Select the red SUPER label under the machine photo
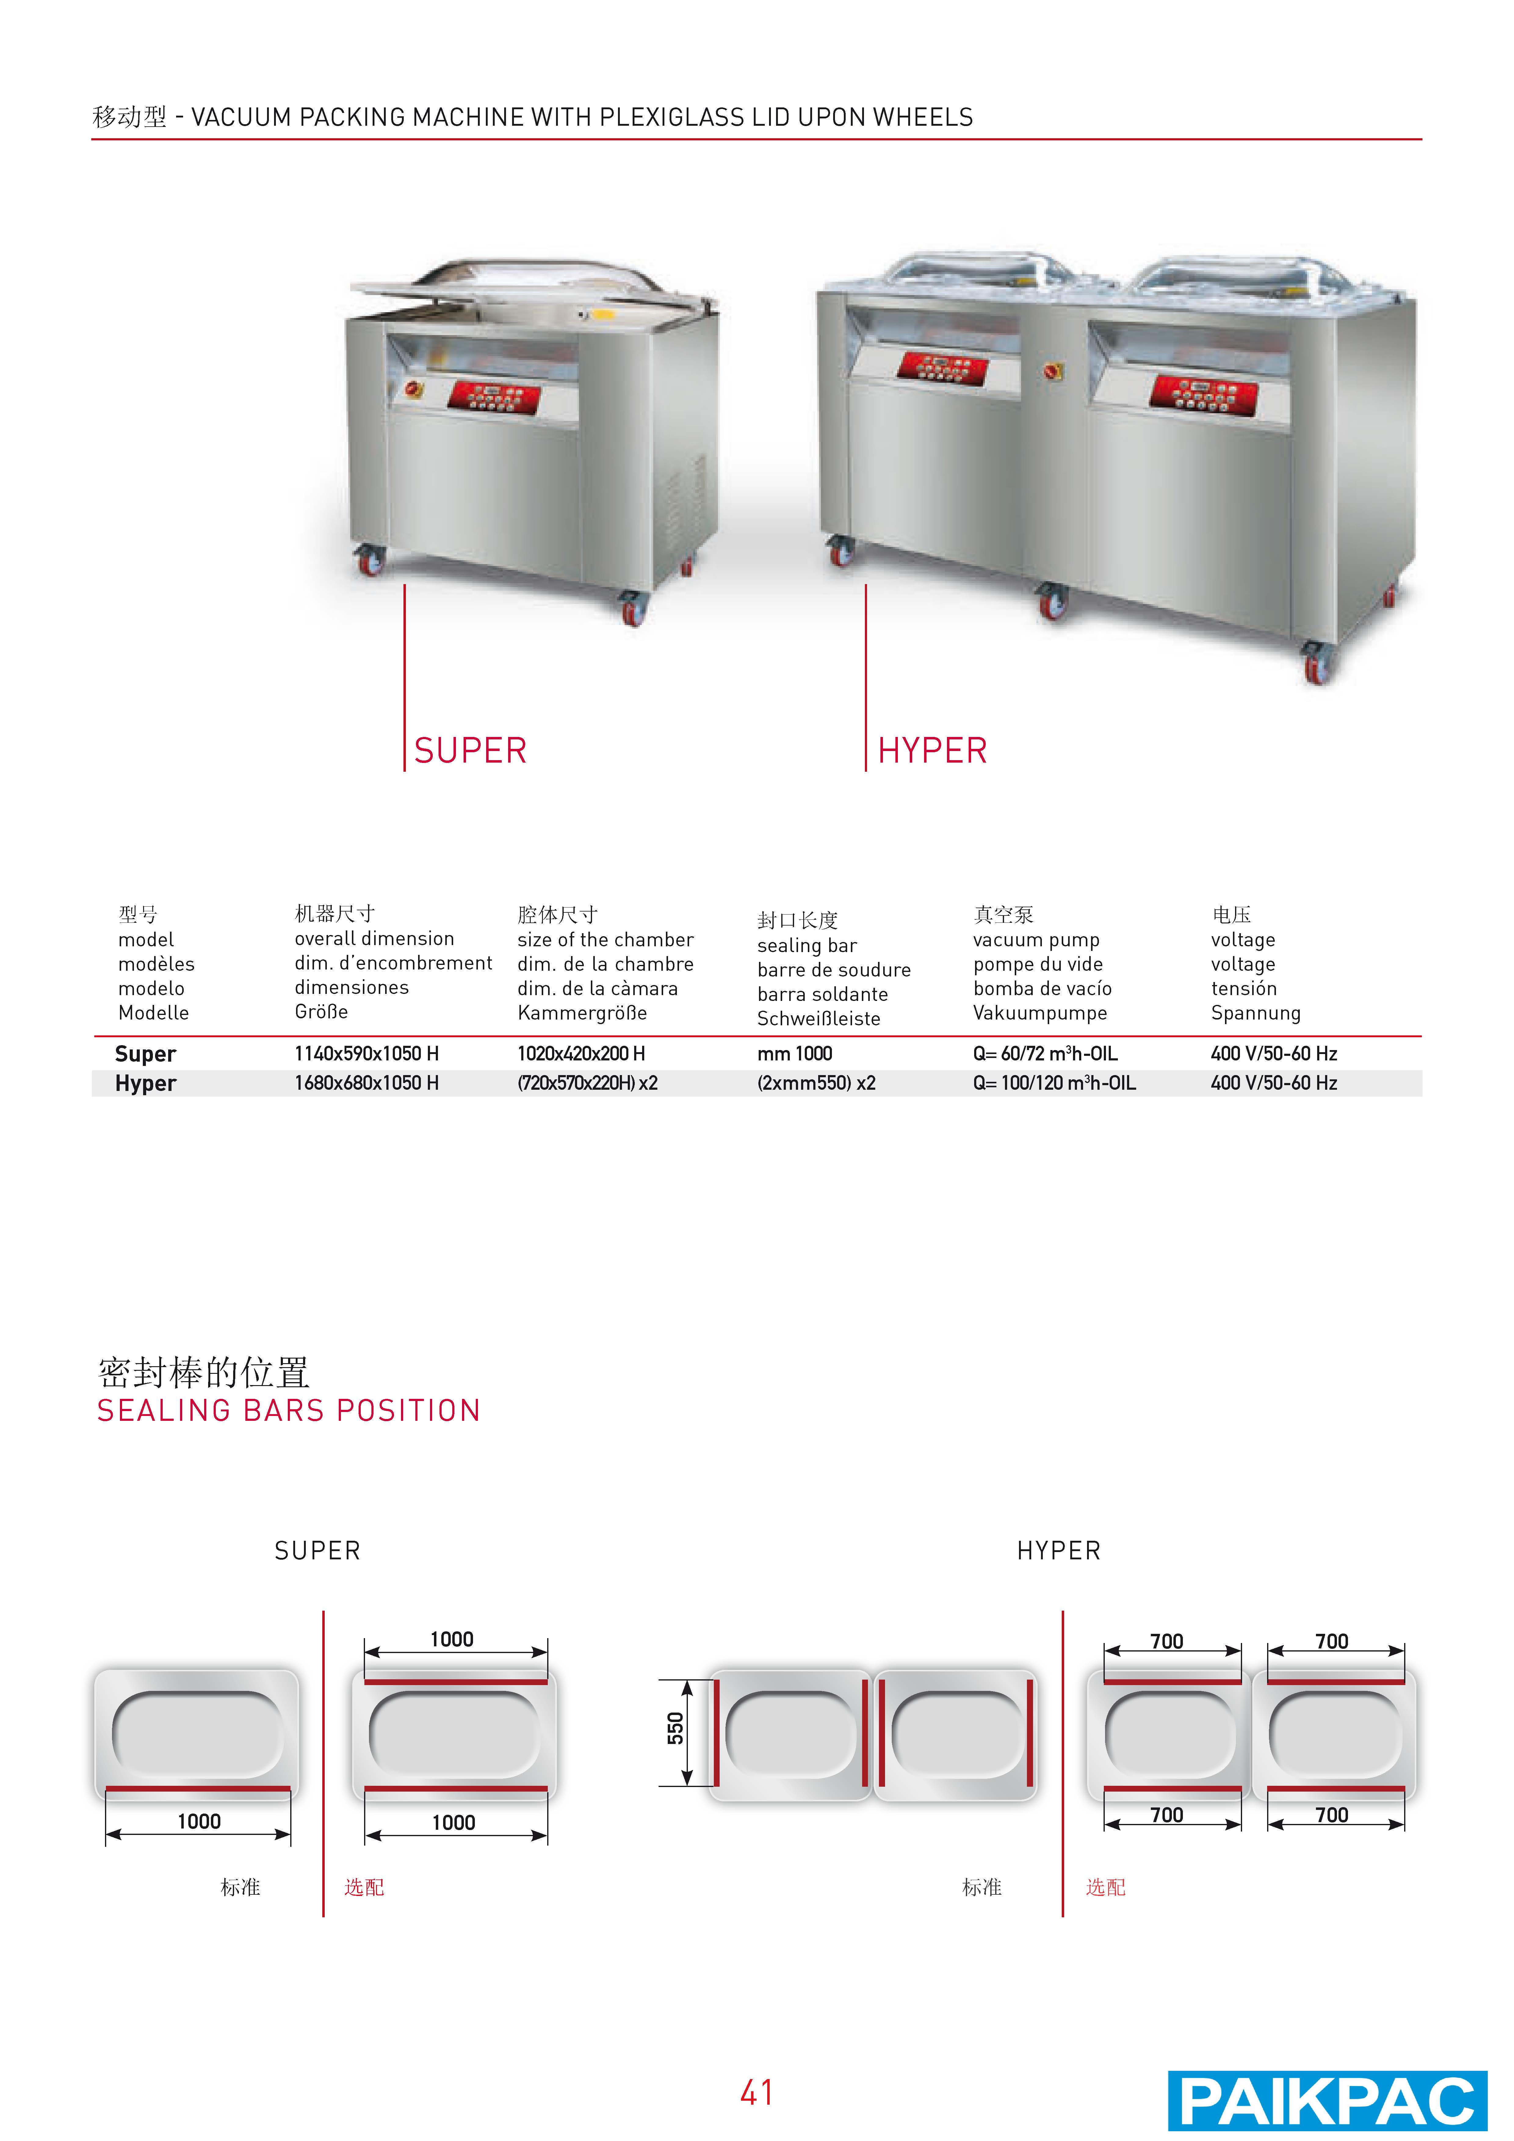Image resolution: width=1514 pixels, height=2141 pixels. [x=470, y=751]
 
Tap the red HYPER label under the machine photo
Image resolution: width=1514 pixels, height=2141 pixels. [x=932, y=751]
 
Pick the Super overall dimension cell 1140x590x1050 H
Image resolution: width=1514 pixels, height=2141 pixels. [x=367, y=1054]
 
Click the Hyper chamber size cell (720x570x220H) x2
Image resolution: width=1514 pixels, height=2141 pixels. [x=588, y=1084]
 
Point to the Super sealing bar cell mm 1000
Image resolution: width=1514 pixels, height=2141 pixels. [x=795, y=1054]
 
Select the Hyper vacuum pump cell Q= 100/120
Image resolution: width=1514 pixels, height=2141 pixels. [x=1054, y=1084]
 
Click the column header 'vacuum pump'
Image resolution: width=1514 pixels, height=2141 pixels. [x=1036, y=940]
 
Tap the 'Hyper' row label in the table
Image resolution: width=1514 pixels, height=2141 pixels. [x=146, y=1084]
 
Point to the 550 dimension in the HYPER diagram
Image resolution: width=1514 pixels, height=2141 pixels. [x=675, y=1728]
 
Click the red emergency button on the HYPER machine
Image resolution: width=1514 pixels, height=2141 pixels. [x=1054, y=371]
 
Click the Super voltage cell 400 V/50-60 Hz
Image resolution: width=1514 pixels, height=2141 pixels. [x=1274, y=1054]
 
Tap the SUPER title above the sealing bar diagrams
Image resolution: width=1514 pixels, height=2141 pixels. [x=317, y=1551]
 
